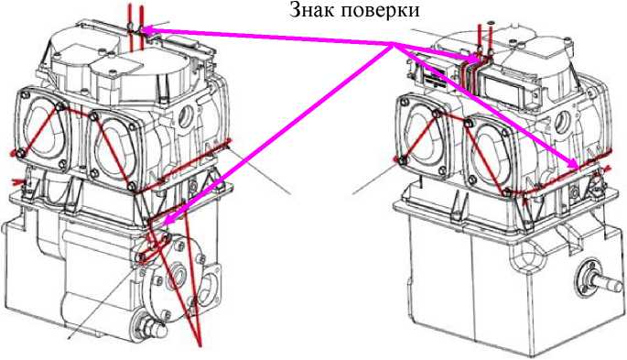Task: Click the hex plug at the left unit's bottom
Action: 144,324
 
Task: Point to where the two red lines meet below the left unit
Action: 201,344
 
